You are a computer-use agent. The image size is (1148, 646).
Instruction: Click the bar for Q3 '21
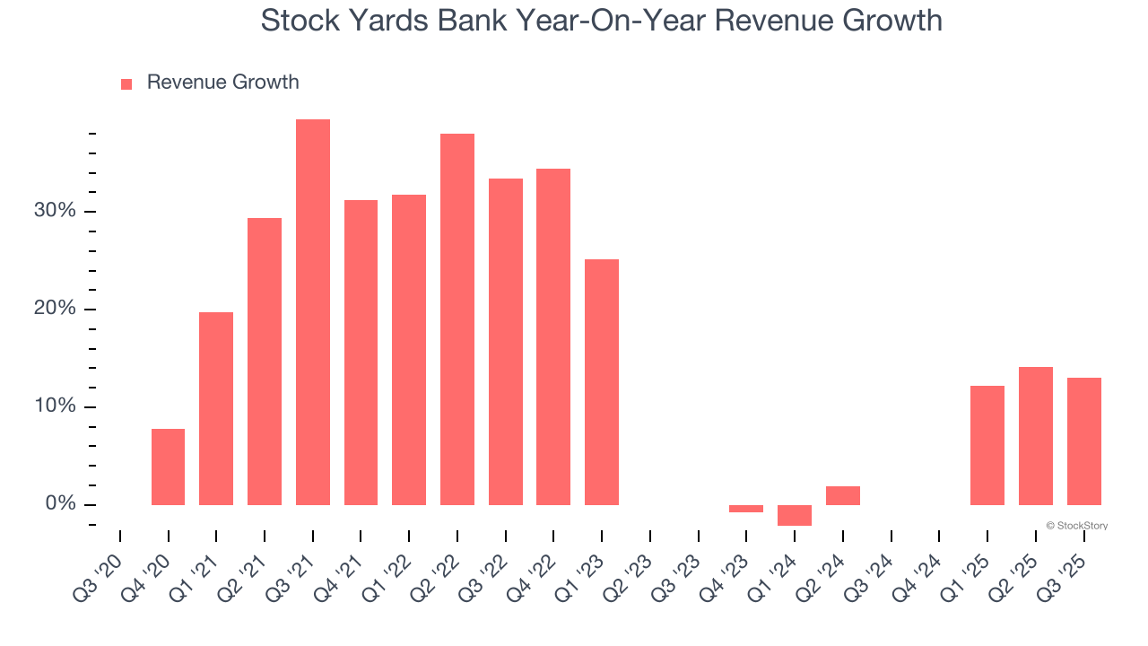pyautogui.click(x=313, y=312)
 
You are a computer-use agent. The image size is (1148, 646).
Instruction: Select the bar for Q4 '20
pyautogui.click(x=168, y=467)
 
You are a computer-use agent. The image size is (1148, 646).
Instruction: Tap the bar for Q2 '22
pyautogui.click(x=457, y=319)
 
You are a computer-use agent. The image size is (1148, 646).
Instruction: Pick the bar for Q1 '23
pyautogui.click(x=602, y=382)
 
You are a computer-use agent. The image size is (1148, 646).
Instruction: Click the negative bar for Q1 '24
pyautogui.click(x=795, y=515)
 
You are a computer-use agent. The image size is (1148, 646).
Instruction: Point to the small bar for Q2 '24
pyautogui.click(x=843, y=495)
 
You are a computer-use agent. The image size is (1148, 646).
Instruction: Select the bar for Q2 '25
pyautogui.click(x=1036, y=436)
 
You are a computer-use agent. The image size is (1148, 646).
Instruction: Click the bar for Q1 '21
pyautogui.click(x=216, y=408)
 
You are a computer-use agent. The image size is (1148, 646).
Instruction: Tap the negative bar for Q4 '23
pyautogui.click(x=746, y=509)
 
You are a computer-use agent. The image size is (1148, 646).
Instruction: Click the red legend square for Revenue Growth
pyautogui.click(x=126, y=83)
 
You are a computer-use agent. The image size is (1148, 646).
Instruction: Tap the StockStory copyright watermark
pyautogui.click(x=1076, y=526)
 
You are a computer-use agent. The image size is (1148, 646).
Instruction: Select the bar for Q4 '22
pyautogui.click(x=553, y=336)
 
